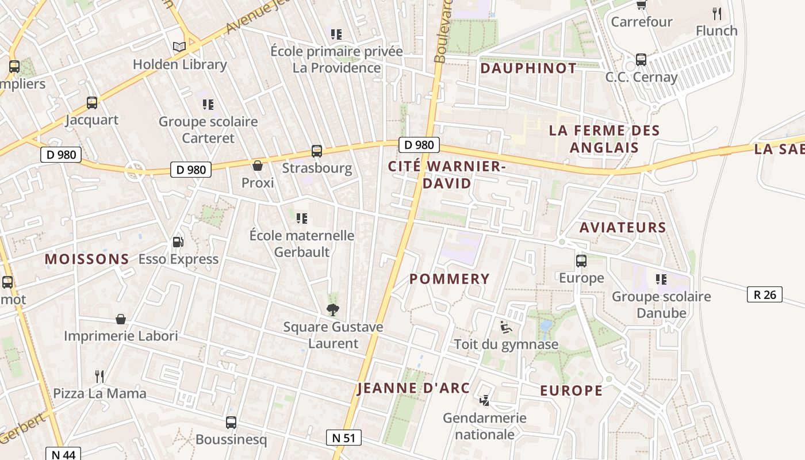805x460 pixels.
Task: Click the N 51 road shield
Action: pos(344,438)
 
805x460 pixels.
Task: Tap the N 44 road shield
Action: pos(63,454)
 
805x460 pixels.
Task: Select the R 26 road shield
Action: pos(765,294)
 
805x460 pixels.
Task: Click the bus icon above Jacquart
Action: pos(92,103)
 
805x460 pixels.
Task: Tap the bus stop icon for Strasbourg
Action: pos(317,151)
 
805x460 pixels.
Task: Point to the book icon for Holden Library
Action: pos(179,47)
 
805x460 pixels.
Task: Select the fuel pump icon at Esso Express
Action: pos(178,242)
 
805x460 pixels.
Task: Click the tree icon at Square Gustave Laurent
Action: pos(332,310)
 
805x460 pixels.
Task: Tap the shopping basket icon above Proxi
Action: pos(258,166)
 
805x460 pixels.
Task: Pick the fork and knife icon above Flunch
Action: pos(716,14)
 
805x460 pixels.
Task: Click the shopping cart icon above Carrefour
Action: pos(641,5)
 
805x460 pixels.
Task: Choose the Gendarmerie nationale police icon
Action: pos(485,400)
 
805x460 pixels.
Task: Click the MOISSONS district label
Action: pos(87,259)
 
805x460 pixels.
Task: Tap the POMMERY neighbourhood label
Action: pos(450,279)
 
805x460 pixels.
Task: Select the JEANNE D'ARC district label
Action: pos(413,388)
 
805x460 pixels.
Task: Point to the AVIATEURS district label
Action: pos(623,228)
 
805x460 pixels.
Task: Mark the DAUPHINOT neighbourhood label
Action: pos(528,68)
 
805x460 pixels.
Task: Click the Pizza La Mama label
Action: pos(99,394)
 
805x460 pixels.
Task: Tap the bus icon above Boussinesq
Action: pos(231,423)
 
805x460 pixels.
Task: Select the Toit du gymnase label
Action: pos(506,344)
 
